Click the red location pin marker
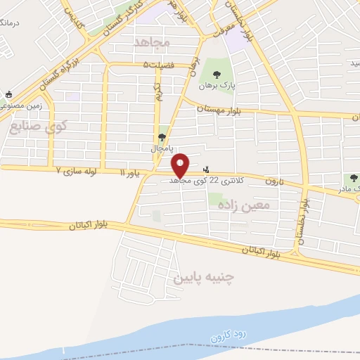click(181, 165)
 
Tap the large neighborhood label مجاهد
click(152, 42)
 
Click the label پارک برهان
click(215, 86)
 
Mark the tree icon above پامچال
click(162, 138)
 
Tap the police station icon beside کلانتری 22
click(205, 169)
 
